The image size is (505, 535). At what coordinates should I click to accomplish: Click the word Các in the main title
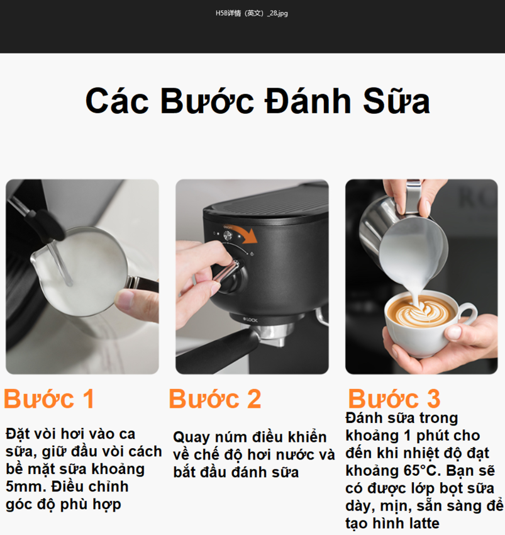point(117,101)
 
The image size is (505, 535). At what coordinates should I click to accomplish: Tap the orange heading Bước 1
point(49,398)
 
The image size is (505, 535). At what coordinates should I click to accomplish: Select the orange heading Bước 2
point(215,398)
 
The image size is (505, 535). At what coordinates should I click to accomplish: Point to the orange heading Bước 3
point(394,398)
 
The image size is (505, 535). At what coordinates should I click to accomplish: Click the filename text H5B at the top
point(221,13)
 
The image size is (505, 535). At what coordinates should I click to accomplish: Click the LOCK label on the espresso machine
point(250,320)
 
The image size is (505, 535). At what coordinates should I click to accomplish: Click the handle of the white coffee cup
point(467,313)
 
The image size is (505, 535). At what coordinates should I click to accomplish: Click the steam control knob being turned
point(230,274)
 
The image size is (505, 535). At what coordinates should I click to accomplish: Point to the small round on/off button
point(228,235)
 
